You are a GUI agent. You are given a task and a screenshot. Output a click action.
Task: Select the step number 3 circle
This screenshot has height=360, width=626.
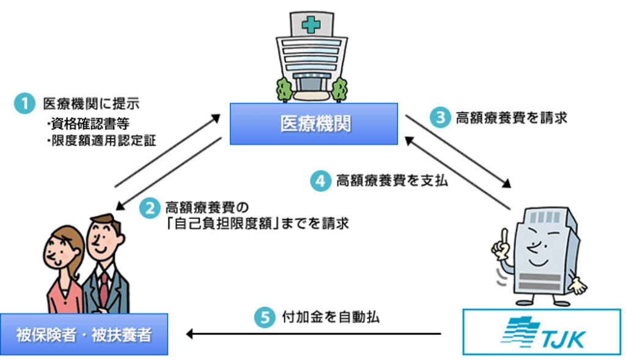[x=438, y=117]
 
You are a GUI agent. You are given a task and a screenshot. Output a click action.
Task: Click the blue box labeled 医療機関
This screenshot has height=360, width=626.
[x=314, y=124]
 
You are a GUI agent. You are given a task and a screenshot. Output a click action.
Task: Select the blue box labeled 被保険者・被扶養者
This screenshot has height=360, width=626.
[x=84, y=334]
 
